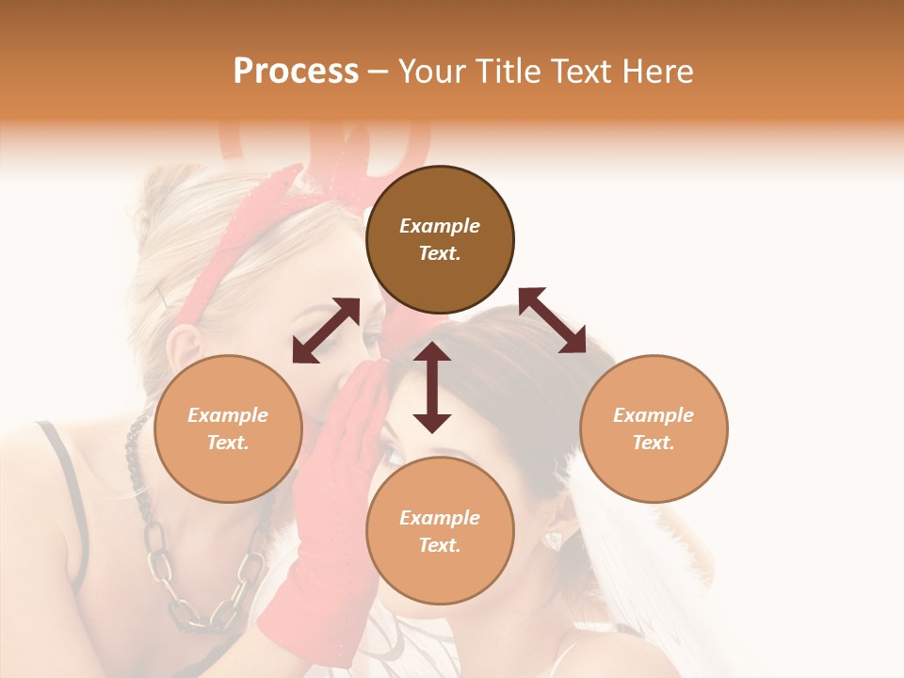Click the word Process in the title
tap(296, 72)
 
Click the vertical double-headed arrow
tap(432, 388)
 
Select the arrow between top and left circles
tap(326, 331)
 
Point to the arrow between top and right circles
tap(553, 321)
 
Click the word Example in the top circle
tap(440, 226)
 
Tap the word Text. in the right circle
tap(654, 443)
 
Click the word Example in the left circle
tap(228, 415)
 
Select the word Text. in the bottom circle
tap(440, 546)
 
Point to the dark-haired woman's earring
tap(554, 541)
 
